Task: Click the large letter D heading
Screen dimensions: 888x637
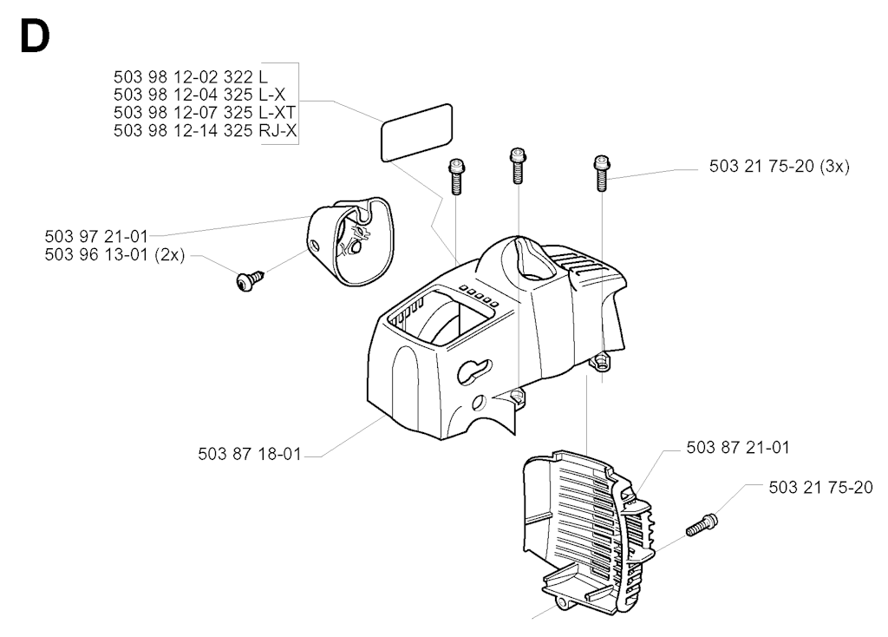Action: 35,36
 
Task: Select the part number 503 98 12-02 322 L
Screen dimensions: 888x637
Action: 190,76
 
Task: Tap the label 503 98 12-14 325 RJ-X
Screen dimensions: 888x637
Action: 205,130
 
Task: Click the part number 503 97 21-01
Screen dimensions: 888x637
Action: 96,236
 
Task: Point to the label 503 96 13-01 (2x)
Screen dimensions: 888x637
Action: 115,254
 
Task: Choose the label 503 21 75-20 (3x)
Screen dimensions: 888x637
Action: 780,166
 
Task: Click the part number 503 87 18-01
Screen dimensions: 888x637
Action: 250,454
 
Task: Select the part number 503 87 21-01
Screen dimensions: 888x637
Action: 738,447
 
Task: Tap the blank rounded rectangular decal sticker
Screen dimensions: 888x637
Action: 417,133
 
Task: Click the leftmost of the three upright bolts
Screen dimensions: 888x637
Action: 456,176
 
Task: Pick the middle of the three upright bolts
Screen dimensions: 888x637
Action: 518,166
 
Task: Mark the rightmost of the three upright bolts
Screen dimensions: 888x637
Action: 601,174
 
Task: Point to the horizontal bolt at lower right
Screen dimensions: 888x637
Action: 702,524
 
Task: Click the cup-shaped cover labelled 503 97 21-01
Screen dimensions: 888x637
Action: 350,240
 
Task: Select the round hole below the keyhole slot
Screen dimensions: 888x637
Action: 479,403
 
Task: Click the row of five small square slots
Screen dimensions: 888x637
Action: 479,296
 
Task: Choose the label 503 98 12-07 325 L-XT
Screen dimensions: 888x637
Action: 205,112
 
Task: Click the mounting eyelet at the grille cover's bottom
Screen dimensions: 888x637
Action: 564,604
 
